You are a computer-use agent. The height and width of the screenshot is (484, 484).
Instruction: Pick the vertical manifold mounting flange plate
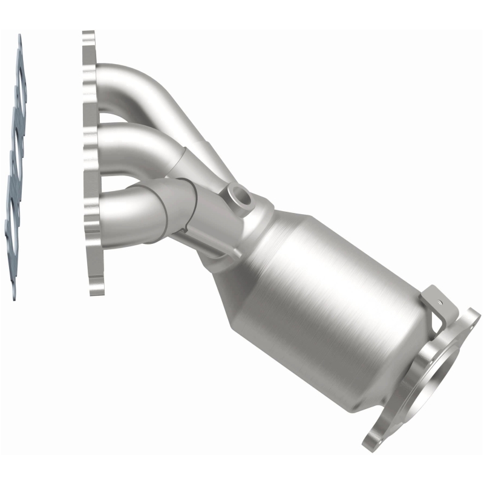pos(91,163)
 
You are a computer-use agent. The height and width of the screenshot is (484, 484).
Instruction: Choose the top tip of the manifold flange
pos(88,33)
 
